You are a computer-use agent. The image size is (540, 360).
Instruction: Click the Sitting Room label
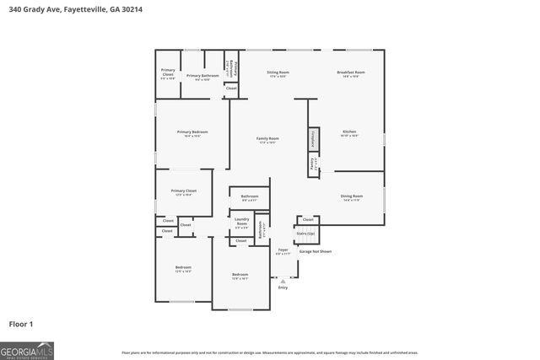pos(278,73)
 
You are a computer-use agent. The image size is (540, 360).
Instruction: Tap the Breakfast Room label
pos(350,73)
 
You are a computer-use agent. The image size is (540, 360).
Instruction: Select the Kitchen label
pos(349,132)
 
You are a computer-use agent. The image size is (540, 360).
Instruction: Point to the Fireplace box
pos(312,137)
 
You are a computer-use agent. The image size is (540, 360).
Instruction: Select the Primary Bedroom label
pos(192,132)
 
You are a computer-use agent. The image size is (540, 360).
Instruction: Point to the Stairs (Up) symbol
pos(305,233)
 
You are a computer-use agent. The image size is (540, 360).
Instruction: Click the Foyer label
pos(283,250)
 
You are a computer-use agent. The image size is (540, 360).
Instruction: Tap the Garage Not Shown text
pos(316,251)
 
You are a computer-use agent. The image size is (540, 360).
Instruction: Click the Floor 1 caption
pos(20,324)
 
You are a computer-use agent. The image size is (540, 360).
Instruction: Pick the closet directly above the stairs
pos(308,219)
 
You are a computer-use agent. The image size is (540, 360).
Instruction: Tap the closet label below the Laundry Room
pos(241,241)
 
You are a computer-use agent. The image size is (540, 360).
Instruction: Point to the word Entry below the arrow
pos(283,287)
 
